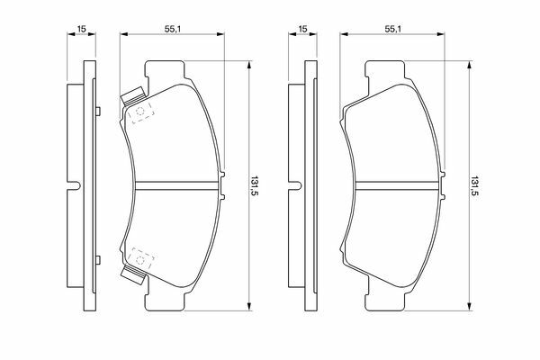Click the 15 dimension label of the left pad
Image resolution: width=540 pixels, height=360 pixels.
[81, 29]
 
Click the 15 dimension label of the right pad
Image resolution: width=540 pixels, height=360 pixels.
[302, 29]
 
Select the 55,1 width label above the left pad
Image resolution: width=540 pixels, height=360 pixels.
[173, 29]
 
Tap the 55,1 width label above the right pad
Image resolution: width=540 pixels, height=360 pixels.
[392, 29]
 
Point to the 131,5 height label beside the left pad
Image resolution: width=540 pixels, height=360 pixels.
[255, 186]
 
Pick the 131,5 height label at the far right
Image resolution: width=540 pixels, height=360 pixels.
[475, 186]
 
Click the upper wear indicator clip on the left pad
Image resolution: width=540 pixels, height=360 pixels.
[133, 95]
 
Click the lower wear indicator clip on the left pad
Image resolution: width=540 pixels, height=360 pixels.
[133, 275]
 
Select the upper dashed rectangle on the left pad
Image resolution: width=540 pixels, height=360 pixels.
[141, 112]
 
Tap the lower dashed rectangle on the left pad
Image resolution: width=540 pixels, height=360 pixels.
[141, 259]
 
